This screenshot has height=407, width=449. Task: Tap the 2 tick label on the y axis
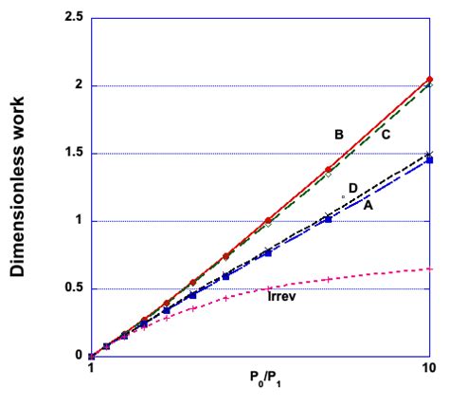76,86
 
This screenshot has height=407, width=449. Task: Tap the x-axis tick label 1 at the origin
91,371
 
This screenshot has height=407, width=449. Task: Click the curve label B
338,135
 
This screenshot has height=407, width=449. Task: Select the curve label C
386,135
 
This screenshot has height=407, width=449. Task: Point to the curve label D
352,189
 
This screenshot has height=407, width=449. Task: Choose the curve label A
368,205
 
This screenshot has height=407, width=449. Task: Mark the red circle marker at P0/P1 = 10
429,80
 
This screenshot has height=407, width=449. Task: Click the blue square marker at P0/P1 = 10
429,160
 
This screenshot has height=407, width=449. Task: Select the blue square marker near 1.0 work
328,219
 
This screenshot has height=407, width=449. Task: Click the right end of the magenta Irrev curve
429,269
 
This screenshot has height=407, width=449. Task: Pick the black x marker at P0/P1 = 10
429,154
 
